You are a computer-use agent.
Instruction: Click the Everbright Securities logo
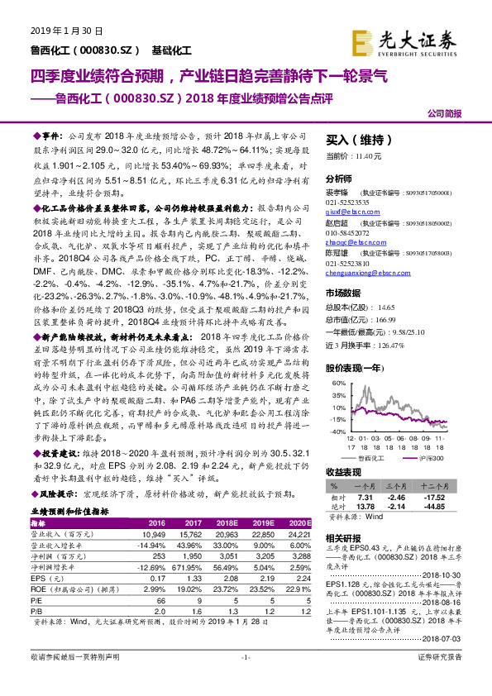point(415,40)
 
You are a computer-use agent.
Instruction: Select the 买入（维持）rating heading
point(356,140)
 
